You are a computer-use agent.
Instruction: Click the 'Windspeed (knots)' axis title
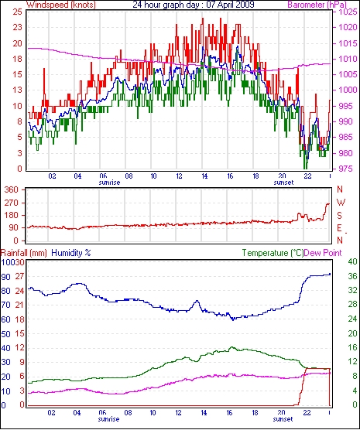click(x=61, y=5)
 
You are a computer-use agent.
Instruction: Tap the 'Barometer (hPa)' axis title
click(x=317, y=5)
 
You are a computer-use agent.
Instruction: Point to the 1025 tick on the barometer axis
click(x=348, y=12)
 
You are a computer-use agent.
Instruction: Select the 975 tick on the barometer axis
click(x=348, y=169)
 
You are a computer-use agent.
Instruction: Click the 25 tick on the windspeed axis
click(x=17, y=12)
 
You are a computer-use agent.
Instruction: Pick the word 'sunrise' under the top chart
click(x=109, y=183)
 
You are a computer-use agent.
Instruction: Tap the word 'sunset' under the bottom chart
click(x=283, y=419)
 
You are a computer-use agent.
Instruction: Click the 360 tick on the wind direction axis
click(x=11, y=189)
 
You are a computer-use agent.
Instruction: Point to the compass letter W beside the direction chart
click(x=341, y=203)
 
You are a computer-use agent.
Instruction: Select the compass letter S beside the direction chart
click(x=339, y=216)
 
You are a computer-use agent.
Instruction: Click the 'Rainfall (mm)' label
click(x=24, y=253)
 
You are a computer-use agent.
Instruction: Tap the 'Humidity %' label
click(x=71, y=253)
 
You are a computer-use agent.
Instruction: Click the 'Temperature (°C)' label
click(x=273, y=253)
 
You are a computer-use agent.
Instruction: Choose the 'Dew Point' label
click(x=323, y=253)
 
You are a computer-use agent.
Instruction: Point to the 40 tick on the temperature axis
click(x=352, y=261)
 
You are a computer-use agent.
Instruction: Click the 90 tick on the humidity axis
click(x=5, y=277)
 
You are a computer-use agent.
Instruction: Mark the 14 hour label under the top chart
click(x=204, y=176)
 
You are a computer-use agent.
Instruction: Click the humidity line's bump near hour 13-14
click(x=197, y=301)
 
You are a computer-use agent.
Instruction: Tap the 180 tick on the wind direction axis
click(x=11, y=215)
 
